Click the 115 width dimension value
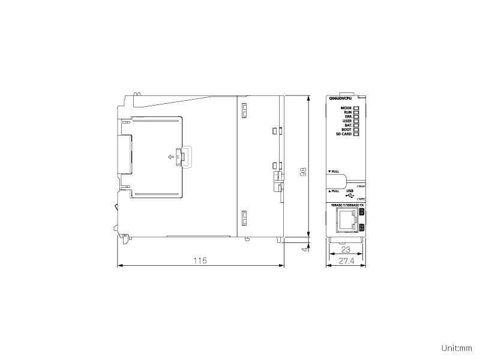point(200,261)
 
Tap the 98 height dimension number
point(304,172)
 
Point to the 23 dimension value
point(345,249)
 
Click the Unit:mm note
point(457,347)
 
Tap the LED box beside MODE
point(356,108)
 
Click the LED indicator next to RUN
point(356,112)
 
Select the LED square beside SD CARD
point(356,134)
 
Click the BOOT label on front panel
point(346,130)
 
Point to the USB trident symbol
point(350,196)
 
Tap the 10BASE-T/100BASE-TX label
point(347,206)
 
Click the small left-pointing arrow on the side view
point(172,157)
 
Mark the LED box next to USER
point(356,121)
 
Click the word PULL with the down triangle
point(334,172)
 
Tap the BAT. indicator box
point(356,125)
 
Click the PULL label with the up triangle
point(334,191)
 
